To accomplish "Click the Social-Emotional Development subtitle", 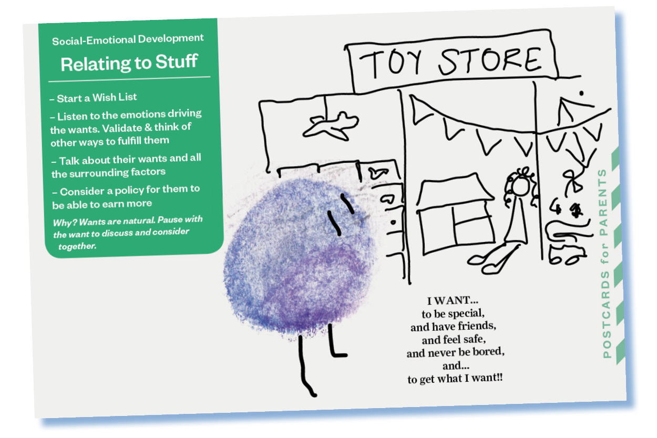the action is (128, 39).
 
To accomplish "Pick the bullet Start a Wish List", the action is (95, 98).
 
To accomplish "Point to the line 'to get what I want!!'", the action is (455, 379).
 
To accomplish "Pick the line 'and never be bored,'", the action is (455, 352).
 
